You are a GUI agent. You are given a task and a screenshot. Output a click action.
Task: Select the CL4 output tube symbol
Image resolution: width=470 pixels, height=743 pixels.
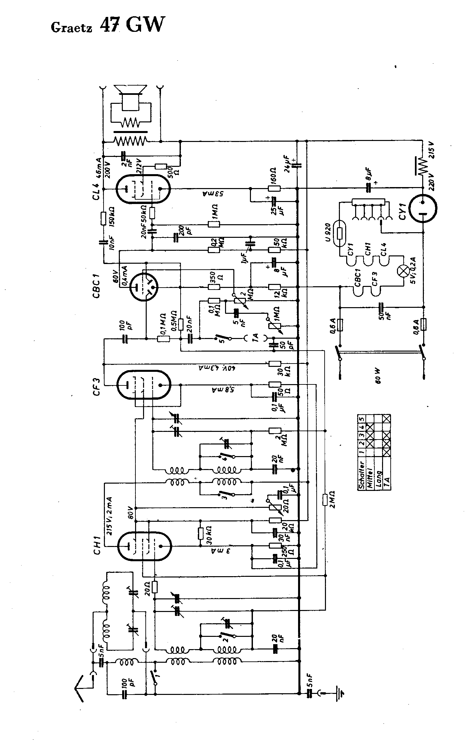point(143,189)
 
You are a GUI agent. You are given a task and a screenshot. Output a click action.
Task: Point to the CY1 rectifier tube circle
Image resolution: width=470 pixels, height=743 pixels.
point(423,208)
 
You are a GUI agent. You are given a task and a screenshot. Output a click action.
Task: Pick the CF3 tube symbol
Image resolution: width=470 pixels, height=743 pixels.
point(143,385)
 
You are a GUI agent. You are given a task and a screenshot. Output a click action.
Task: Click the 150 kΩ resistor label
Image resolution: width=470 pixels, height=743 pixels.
point(112,217)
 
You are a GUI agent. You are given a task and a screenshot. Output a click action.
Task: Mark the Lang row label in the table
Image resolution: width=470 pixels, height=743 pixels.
point(378,479)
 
